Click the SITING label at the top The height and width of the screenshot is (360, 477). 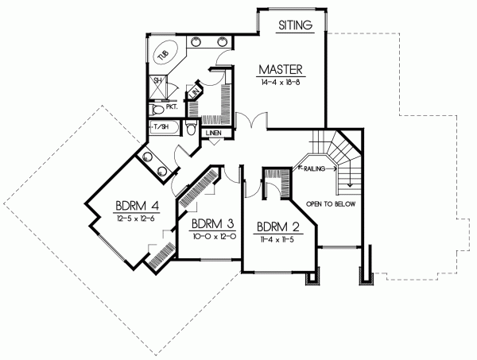click(x=296, y=25)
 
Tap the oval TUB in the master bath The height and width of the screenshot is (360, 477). click(x=165, y=53)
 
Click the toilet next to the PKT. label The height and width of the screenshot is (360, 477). click(x=156, y=107)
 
